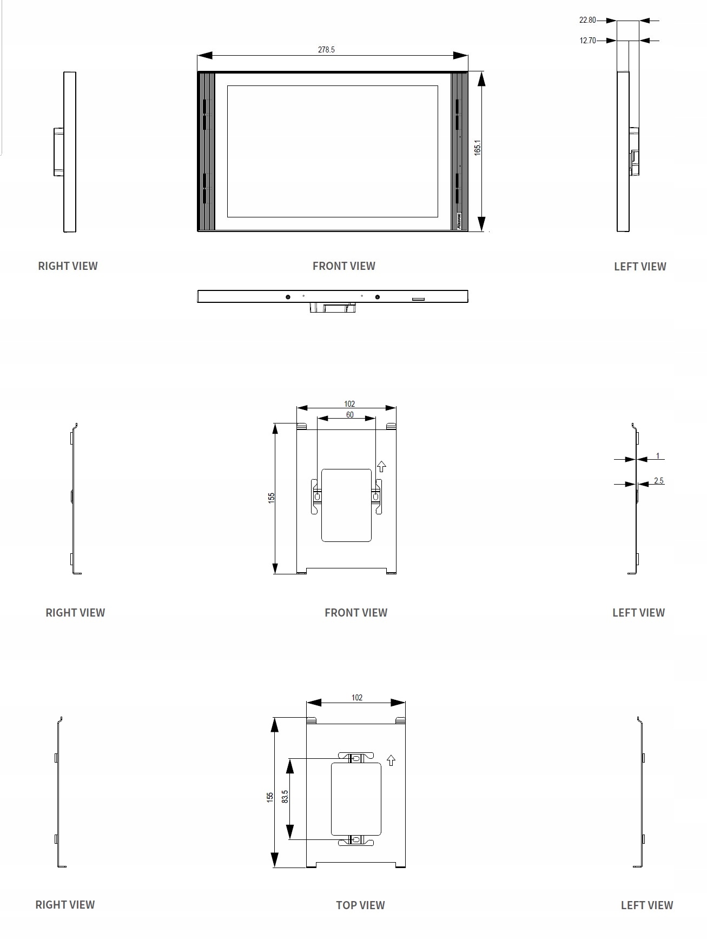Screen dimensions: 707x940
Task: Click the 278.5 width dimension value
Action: (326, 50)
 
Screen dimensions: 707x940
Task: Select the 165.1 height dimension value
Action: (478, 148)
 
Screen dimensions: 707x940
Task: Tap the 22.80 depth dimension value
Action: (587, 20)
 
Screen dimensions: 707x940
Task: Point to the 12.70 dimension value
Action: (587, 40)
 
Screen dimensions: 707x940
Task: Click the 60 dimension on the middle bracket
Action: (350, 415)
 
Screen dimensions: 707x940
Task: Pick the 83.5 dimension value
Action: (285, 796)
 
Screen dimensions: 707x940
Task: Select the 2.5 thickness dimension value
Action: (658, 480)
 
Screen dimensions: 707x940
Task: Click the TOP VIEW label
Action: (360, 905)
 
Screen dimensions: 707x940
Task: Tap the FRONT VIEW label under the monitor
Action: (344, 266)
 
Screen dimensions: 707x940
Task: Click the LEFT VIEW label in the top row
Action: (640, 266)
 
